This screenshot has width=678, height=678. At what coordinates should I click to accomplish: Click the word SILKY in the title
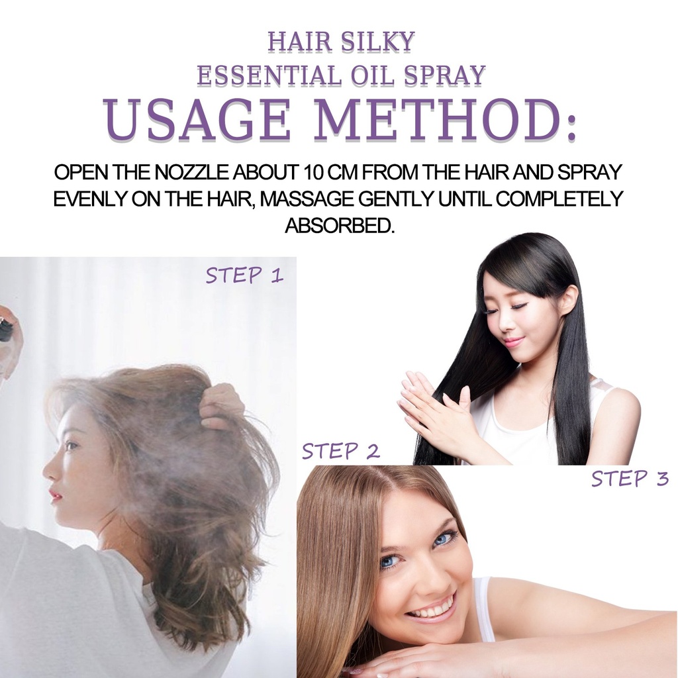(x=377, y=42)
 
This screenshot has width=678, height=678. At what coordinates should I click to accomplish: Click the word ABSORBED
(x=340, y=225)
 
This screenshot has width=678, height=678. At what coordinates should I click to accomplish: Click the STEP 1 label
(x=244, y=275)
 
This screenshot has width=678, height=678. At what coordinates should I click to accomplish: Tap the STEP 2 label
(x=341, y=451)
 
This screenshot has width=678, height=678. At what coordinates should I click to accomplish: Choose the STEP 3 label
(x=630, y=479)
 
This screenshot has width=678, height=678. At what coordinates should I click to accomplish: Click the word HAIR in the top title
(x=299, y=42)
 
